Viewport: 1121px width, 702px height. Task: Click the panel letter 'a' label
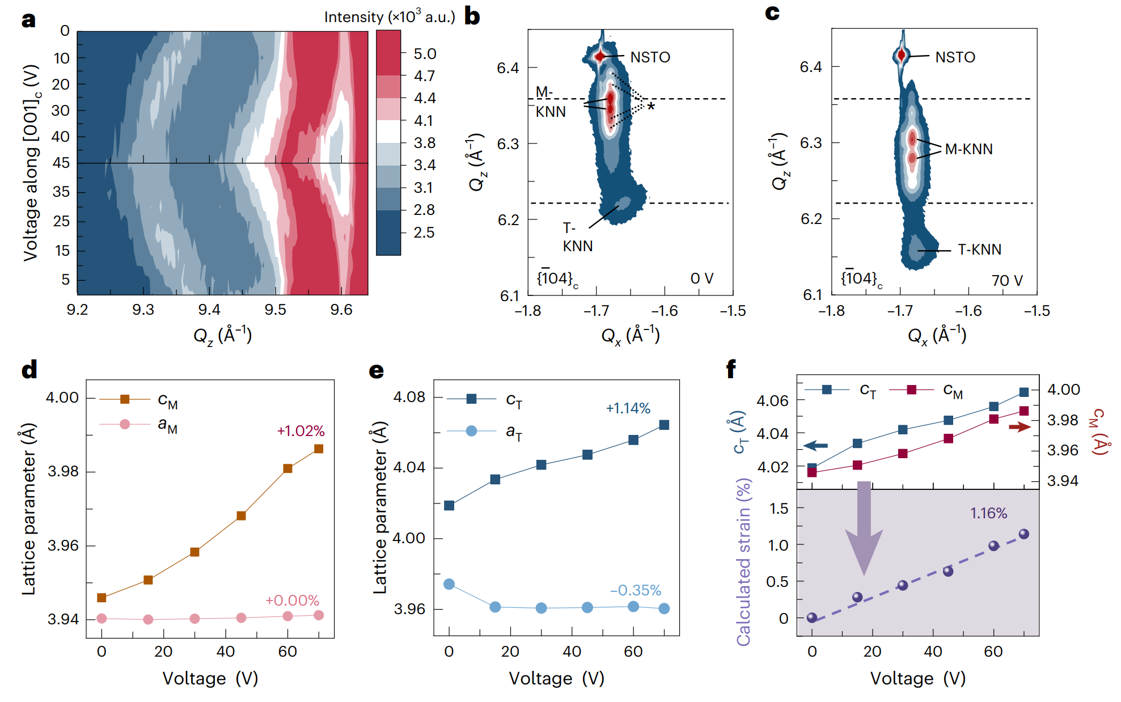(x=28, y=20)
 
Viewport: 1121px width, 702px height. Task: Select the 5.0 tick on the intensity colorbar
(x=425, y=54)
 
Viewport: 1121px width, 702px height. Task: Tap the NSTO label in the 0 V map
(x=650, y=57)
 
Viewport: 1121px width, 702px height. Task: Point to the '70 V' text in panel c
(x=1007, y=280)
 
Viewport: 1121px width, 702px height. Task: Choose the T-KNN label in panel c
(x=979, y=249)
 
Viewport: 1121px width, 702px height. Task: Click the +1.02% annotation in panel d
(x=301, y=431)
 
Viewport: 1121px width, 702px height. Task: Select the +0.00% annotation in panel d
(x=292, y=600)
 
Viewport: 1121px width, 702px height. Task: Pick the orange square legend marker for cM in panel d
(x=125, y=399)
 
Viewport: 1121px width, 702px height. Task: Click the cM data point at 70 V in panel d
(x=319, y=449)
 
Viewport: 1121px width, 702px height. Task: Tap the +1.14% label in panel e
(x=628, y=408)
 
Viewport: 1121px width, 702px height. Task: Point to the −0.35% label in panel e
(x=635, y=590)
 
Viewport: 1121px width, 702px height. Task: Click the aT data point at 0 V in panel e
(x=449, y=584)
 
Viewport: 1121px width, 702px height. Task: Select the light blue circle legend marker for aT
(x=471, y=431)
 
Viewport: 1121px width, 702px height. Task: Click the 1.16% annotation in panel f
(x=988, y=513)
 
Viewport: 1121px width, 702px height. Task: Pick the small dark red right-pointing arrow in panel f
(x=1020, y=427)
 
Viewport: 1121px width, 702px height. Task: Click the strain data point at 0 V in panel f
(x=812, y=618)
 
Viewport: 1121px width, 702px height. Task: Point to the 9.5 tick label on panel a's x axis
(x=276, y=310)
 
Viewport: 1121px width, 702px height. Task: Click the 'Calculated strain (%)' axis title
(x=743, y=561)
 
